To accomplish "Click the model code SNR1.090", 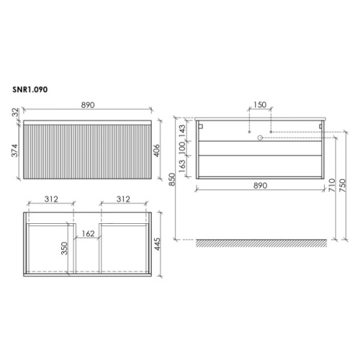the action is pos(30,89).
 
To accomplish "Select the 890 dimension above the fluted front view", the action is pos(88,105).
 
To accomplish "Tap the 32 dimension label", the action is pos(15,112).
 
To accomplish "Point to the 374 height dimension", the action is pos(15,150).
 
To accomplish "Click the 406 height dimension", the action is pos(156,150).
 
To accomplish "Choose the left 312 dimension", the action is pos(51,199).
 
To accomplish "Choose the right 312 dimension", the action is pos(123,199).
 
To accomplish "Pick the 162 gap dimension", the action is pos(88,233).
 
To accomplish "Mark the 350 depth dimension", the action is pos(64,248).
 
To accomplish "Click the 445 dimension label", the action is pos(157,244).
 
